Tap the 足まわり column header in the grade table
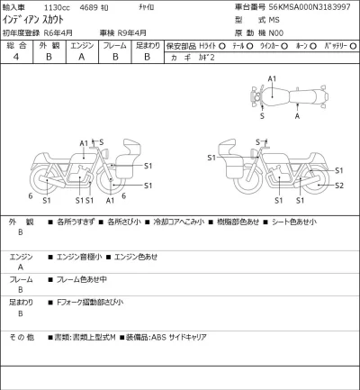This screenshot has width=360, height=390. [x=147, y=43]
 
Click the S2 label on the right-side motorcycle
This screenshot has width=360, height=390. [x=338, y=186]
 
